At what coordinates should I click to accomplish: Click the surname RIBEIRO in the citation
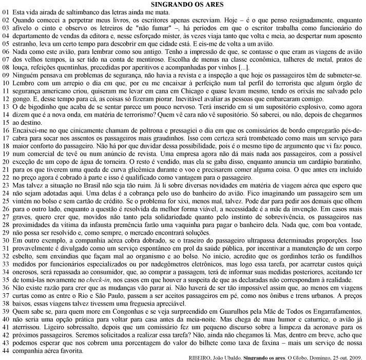(x=199, y=357)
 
